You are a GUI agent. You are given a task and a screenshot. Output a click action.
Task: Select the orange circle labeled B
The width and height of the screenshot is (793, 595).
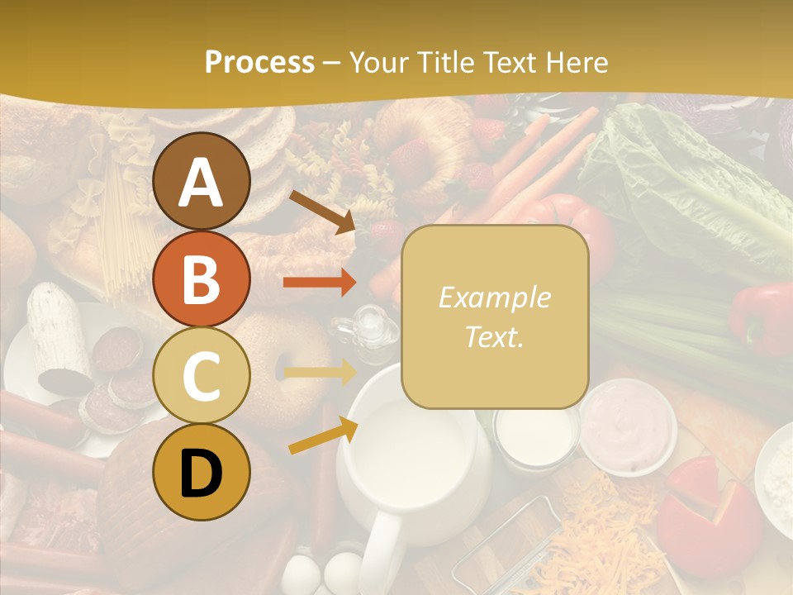tap(201, 278)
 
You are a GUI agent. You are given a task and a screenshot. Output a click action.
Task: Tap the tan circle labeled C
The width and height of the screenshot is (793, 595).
tap(201, 375)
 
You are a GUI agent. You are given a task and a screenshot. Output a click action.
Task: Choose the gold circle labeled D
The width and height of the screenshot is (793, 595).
tap(201, 472)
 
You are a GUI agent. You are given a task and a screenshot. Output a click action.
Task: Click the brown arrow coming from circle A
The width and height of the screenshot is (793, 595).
tap(322, 212)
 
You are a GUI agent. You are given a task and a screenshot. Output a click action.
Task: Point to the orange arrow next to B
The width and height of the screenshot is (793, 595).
tap(320, 283)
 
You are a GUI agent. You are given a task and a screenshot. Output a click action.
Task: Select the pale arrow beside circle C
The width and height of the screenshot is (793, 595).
tap(320, 373)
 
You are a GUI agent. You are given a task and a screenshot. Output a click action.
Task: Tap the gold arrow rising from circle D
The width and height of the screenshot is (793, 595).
tap(323, 436)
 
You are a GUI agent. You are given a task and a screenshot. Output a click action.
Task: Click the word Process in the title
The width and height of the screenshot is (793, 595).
tap(259, 62)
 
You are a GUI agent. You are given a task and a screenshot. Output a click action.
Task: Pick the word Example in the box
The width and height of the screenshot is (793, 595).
tap(495, 297)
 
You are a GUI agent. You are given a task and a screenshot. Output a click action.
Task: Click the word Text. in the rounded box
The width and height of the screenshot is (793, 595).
tap(495, 336)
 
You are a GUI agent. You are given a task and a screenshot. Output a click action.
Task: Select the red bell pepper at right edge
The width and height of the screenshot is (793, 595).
tap(764, 318)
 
